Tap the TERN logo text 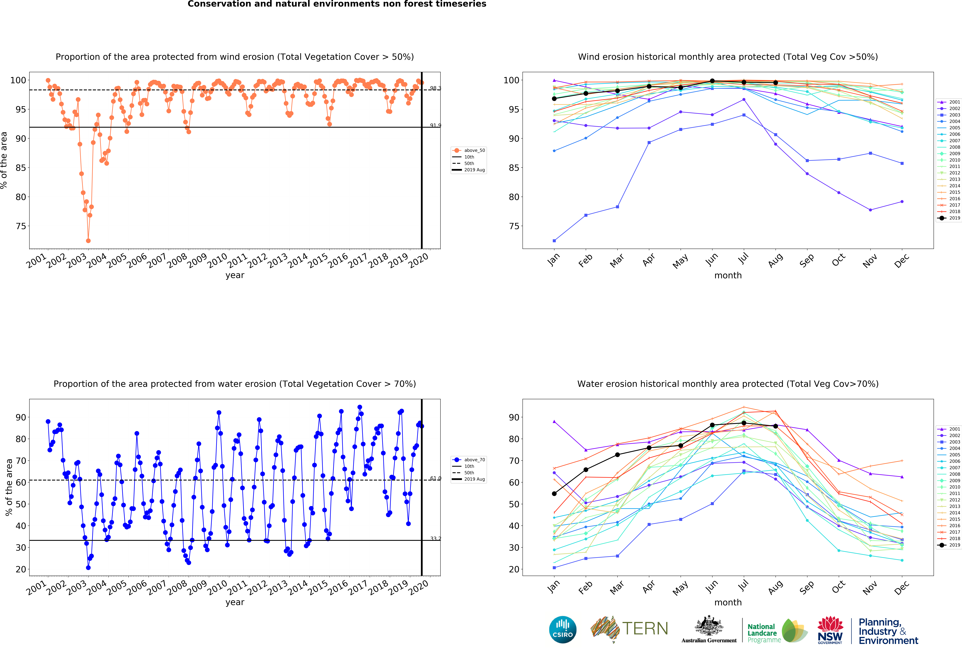click(x=645, y=629)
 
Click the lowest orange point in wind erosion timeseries click(x=88, y=241)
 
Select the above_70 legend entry click(x=469, y=460)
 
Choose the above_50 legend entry click(x=469, y=150)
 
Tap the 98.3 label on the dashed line click(x=435, y=88)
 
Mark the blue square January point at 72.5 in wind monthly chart click(x=554, y=241)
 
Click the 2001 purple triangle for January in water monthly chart click(x=554, y=421)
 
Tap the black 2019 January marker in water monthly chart click(x=554, y=494)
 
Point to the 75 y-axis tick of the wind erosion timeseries click(x=21, y=226)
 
